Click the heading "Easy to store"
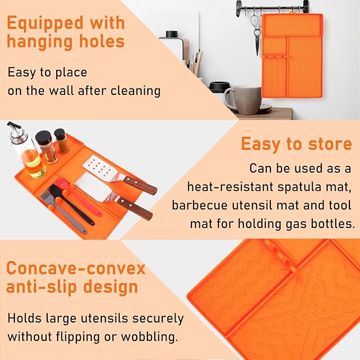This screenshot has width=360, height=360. pyautogui.click(x=296, y=144)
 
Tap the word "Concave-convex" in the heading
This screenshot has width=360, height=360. pyautogui.click(x=75, y=268)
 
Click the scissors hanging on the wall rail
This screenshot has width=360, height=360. pyautogui.click(x=257, y=29)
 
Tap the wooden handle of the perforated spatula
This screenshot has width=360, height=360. pyautogui.click(x=140, y=185)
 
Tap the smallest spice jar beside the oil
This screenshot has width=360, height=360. pyautogui.click(x=62, y=141)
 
